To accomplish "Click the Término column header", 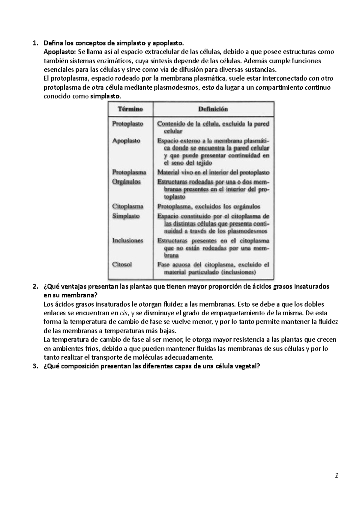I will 130,109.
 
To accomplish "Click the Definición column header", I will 213,109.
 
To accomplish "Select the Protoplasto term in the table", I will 127,124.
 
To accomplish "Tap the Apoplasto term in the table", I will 126,141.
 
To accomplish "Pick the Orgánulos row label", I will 126,182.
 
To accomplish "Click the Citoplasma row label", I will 127,206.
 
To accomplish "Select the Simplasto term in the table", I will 126,216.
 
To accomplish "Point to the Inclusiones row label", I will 127,240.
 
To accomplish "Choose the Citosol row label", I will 122,264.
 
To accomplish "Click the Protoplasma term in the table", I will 129,172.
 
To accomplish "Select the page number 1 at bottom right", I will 337,476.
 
